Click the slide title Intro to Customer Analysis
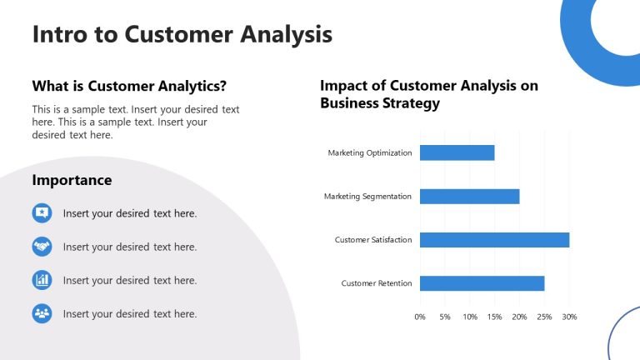pyautogui.click(x=182, y=34)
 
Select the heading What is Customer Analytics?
pyautogui.click(x=129, y=85)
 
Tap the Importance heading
pyautogui.click(x=72, y=180)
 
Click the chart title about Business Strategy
pyautogui.click(x=429, y=94)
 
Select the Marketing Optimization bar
pyautogui.click(x=457, y=152)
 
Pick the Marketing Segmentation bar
pyautogui.click(x=469, y=197)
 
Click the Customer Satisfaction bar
pyautogui.click(x=494, y=240)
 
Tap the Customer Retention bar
pyautogui.click(x=482, y=283)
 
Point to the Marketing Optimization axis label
pyautogui.click(x=370, y=153)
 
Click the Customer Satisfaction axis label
pyautogui.click(x=373, y=240)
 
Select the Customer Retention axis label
pyautogui.click(x=377, y=283)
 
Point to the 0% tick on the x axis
pyautogui.click(x=420, y=317)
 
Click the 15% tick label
pyautogui.click(x=495, y=317)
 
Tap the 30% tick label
pyautogui.click(x=569, y=317)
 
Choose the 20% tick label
pyautogui.click(x=519, y=317)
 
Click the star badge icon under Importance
pyautogui.click(x=42, y=213)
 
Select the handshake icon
pyautogui.click(x=42, y=247)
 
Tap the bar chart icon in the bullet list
pyautogui.click(x=42, y=280)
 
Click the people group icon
pyautogui.click(x=42, y=313)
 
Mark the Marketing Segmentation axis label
pyautogui.click(x=367, y=197)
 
